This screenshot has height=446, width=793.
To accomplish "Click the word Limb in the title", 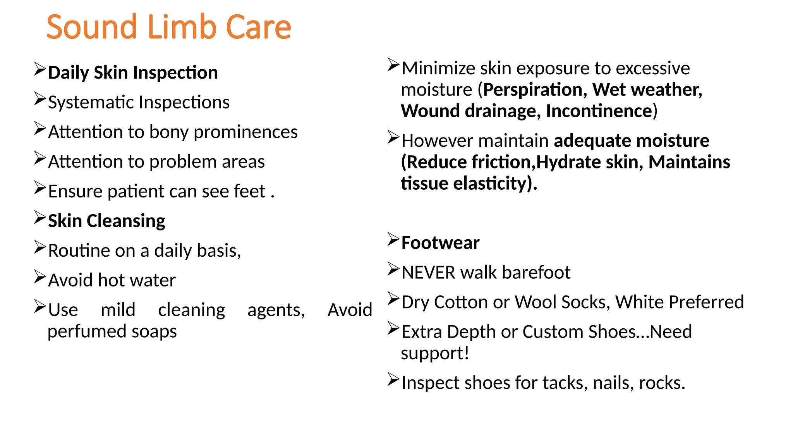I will (x=182, y=27).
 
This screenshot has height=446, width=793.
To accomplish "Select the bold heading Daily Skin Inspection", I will (x=133, y=73).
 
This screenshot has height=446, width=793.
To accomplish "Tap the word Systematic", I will (x=91, y=103).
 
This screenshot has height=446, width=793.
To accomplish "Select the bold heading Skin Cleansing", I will (x=106, y=221).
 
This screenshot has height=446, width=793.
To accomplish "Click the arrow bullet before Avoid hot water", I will (x=40, y=277).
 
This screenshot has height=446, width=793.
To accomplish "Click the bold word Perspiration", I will (x=533, y=90).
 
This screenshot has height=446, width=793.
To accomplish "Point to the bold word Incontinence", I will (x=599, y=111).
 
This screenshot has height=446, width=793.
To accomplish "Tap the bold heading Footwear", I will (x=440, y=243).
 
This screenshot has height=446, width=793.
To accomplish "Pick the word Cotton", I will (x=461, y=302).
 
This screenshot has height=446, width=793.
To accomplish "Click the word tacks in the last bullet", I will (x=562, y=383).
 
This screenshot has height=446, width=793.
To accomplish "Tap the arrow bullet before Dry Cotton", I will (x=393, y=299).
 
